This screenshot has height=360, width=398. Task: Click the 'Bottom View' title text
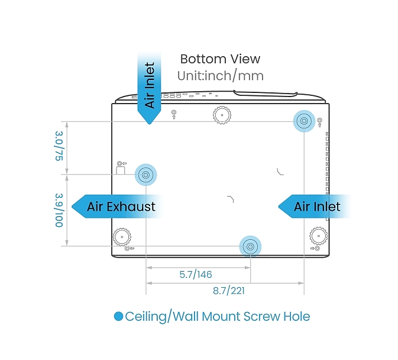[220, 59]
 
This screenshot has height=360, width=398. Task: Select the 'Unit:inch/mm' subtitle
[220, 76]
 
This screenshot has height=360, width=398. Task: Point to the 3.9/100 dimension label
[59, 210]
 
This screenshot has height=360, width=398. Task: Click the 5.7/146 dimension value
[196, 275]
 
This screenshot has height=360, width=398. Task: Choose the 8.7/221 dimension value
[229, 291]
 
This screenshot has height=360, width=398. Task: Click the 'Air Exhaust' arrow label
[120, 207]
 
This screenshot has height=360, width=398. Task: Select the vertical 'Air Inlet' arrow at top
[149, 86]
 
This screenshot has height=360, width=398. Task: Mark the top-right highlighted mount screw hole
[303, 121]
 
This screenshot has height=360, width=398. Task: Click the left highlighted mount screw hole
[145, 174]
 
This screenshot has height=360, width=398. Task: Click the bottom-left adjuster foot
[122, 237]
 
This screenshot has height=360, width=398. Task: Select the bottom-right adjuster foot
[318, 237]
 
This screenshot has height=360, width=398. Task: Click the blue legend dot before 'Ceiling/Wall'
[118, 317]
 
